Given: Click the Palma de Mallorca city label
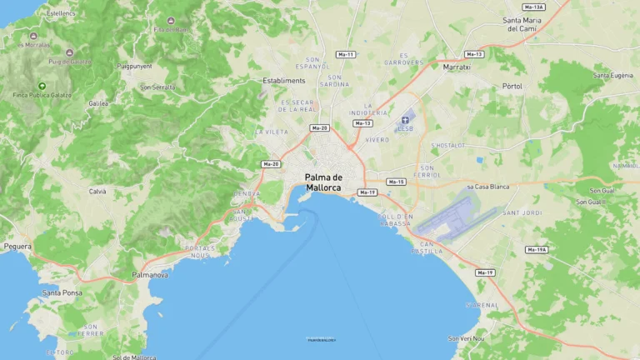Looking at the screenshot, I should tap(323, 182).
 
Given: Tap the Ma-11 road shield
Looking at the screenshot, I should tap(345, 54).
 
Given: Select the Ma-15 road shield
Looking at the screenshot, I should tap(396, 182).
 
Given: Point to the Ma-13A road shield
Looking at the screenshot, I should tap(534, 7).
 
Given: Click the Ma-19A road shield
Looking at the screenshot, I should tap(537, 249).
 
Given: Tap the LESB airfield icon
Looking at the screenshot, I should tap(406, 120).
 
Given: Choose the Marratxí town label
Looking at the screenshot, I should tap(457, 67).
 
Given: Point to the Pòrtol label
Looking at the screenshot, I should tap(512, 86).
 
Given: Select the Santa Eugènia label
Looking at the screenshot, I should tap(612, 76).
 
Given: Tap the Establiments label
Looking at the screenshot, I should tap(284, 81).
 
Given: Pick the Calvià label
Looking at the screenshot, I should tap(97, 191).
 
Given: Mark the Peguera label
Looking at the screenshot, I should tap(17, 247).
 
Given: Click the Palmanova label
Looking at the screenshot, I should tap(150, 274).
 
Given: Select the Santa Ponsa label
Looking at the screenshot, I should tap(62, 292).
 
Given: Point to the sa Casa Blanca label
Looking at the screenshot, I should tap(488, 187).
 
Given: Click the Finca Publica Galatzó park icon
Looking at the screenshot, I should tap(42, 86).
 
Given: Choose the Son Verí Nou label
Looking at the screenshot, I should tap(466, 338).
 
